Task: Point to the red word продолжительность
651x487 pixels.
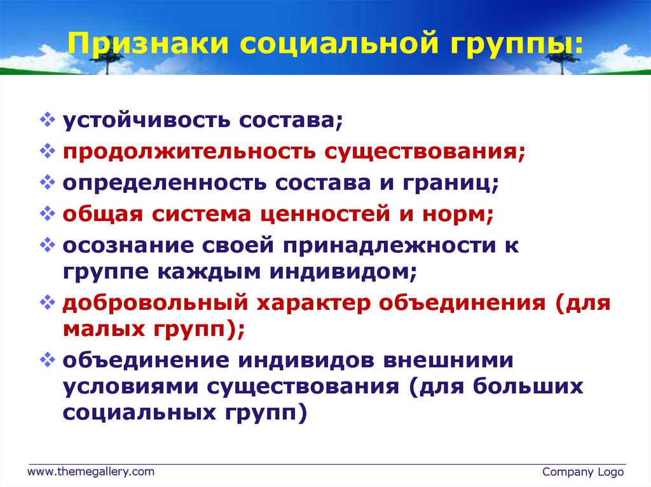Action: click(189, 152)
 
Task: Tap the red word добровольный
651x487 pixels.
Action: click(155, 304)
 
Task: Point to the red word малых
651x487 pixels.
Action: click(104, 330)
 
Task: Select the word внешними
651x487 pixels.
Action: click(448, 360)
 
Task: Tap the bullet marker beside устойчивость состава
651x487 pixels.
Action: click(47, 119)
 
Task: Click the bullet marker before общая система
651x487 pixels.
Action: click(47, 213)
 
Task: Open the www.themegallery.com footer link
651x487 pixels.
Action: click(90, 472)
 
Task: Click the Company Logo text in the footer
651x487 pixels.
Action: click(583, 472)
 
